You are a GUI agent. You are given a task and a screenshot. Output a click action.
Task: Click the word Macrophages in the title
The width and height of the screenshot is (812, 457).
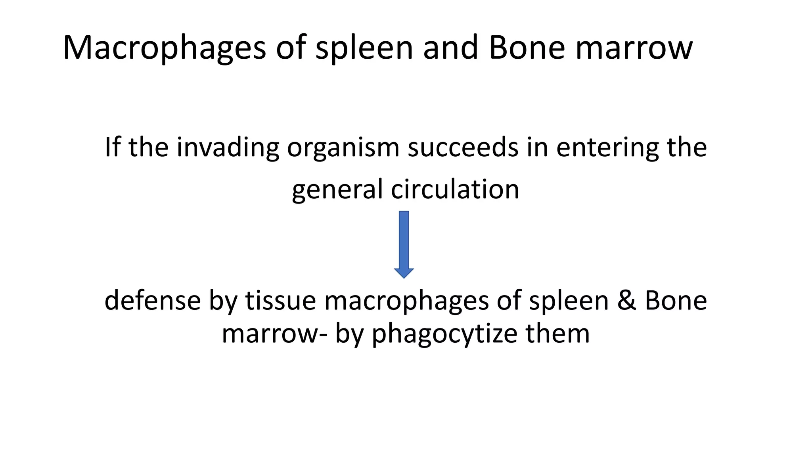(x=164, y=48)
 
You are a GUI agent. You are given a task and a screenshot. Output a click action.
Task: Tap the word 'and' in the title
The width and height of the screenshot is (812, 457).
(x=450, y=48)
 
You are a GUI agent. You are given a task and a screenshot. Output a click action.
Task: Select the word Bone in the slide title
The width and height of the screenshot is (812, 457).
(x=527, y=48)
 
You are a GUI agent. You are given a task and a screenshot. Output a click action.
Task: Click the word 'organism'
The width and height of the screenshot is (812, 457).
(x=343, y=148)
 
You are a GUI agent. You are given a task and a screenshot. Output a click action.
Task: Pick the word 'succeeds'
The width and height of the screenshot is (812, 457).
(x=463, y=148)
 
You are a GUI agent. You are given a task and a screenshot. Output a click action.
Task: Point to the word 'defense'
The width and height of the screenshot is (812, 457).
(x=153, y=300)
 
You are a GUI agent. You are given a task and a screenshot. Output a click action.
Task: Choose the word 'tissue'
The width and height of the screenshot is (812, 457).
(x=280, y=300)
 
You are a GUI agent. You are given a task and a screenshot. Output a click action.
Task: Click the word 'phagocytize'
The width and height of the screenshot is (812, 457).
(x=444, y=334)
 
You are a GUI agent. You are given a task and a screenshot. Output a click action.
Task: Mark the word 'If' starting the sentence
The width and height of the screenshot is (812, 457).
(x=112, y=148)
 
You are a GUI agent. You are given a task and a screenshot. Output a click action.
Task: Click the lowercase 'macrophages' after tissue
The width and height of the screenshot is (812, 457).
(x=406, y=300)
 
